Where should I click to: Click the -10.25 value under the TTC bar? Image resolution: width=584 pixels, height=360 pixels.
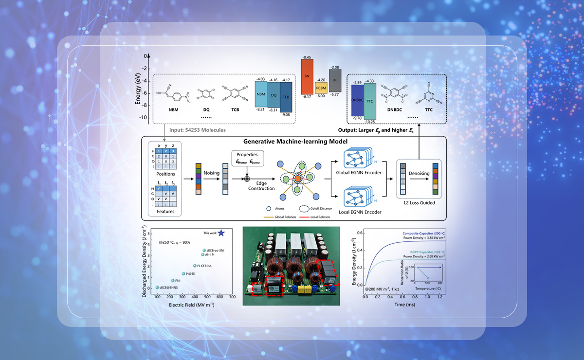tap(370, 121)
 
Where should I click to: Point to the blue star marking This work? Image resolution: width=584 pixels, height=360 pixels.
tap(221, 233)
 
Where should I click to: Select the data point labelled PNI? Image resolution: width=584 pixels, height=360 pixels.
tap(172, 281)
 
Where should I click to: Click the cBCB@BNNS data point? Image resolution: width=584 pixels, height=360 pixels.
tap(157, 288)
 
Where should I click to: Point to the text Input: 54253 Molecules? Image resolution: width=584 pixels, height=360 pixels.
tap(198, 130)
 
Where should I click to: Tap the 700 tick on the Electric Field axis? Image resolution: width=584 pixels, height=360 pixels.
tap(232, 297)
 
